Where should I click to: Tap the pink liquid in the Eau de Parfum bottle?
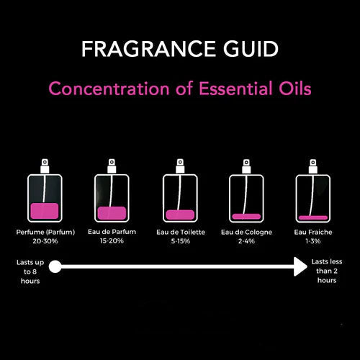112,213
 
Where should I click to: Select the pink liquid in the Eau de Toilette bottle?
180,215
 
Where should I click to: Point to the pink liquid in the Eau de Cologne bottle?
246,216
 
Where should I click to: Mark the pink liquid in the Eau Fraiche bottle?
313,217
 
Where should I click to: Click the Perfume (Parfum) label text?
44,232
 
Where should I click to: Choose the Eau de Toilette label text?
180,232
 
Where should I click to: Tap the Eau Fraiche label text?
313,232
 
